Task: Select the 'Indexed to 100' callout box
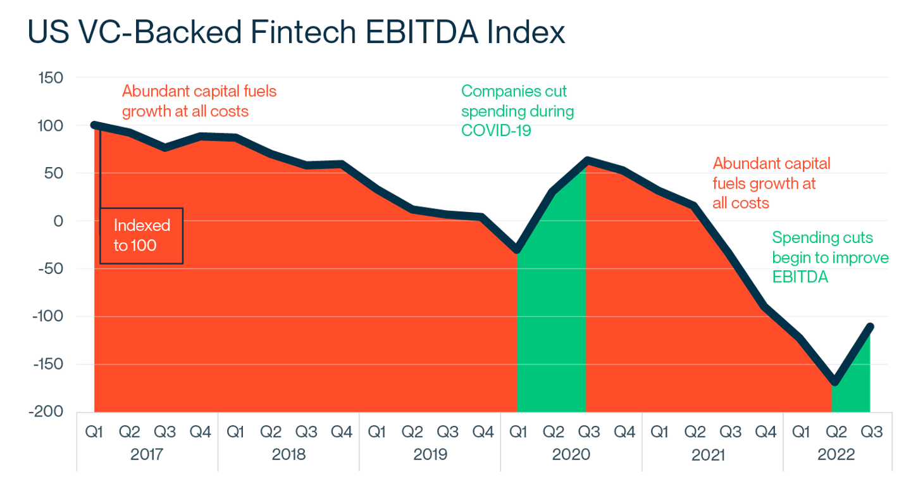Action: point(142,235)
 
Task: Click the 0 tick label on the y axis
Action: point(59,221)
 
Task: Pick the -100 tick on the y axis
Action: point(50,316)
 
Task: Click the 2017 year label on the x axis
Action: point(147,455)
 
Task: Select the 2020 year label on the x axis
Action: point(572,455)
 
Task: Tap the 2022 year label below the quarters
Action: point(838,455)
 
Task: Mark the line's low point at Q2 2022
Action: point(836,382)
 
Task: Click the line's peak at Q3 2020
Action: point(587,159)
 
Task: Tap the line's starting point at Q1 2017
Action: point(94,125)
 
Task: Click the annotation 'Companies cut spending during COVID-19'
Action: point(517,111)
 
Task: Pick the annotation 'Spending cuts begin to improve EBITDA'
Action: point(830,258)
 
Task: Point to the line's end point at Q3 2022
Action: point(871,326)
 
